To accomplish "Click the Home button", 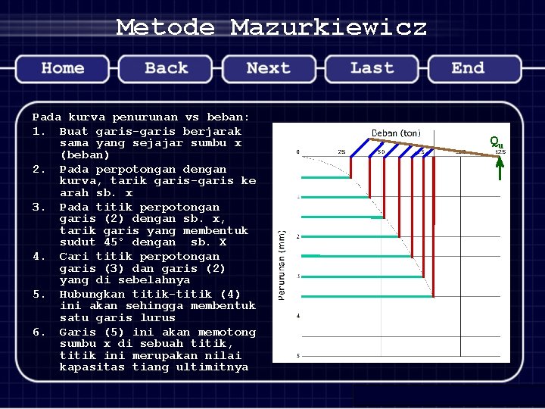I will click(x=63, y=68).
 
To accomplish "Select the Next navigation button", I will click(x=269, y=68).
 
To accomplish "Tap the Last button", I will click(x=372, y=68).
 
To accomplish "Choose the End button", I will click(x=468, y=68).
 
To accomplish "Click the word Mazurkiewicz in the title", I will click(x=329, y=28).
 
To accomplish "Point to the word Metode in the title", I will click(x=165, y=28).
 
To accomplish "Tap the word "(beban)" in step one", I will click(x=85, y=155).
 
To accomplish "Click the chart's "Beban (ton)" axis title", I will click(x=396, y=133).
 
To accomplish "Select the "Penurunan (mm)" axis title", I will click(x=282, y=264).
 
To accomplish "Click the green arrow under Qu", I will click(x=500, y=167).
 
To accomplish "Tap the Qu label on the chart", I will click(x=496, y=141).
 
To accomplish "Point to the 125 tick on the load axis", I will click(x=500, y=152).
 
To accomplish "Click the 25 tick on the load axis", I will click(x=341, y=152).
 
